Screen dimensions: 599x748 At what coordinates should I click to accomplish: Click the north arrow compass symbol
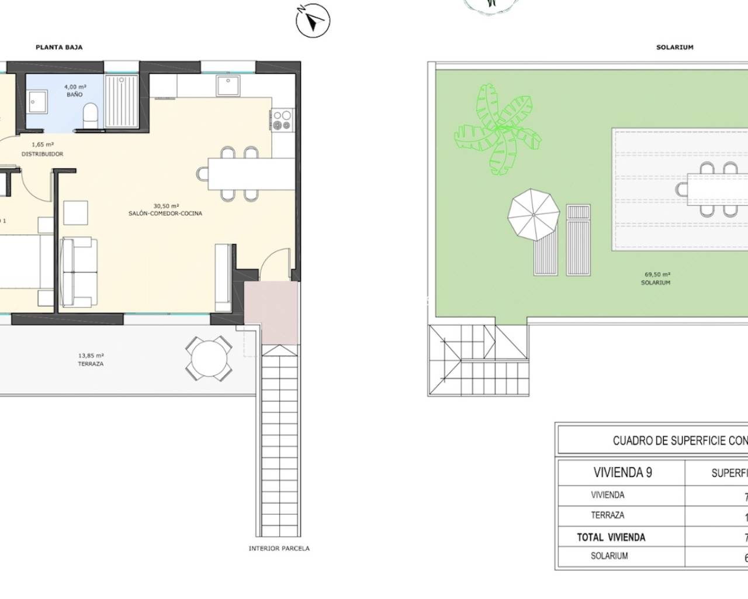coord(313,21)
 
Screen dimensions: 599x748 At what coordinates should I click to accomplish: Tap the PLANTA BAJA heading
coord(59,47)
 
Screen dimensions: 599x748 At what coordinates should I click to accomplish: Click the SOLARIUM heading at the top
coord(674,47)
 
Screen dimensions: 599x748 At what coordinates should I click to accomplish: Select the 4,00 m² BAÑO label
coord(75,91)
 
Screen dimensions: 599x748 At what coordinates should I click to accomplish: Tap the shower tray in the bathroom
coord(122,99)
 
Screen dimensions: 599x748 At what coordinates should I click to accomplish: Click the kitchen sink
coord(226,86)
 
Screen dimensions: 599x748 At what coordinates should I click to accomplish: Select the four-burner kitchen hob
coord(282,120)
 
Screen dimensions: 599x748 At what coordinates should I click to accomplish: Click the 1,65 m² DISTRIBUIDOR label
coord(42,149)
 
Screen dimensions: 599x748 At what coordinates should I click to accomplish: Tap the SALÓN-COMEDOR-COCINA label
coord(165,210)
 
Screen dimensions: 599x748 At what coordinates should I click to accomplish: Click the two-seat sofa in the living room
coord(77,273)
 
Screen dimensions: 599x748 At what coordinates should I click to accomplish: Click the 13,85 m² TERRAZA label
coord(91,359)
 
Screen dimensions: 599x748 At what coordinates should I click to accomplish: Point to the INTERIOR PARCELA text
coord(279,549)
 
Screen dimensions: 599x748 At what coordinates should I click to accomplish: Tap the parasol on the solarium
coord(532,215)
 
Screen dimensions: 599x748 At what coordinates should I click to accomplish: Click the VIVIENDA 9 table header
coord(622,473)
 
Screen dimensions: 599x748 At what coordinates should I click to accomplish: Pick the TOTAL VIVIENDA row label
coord(611,537)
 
